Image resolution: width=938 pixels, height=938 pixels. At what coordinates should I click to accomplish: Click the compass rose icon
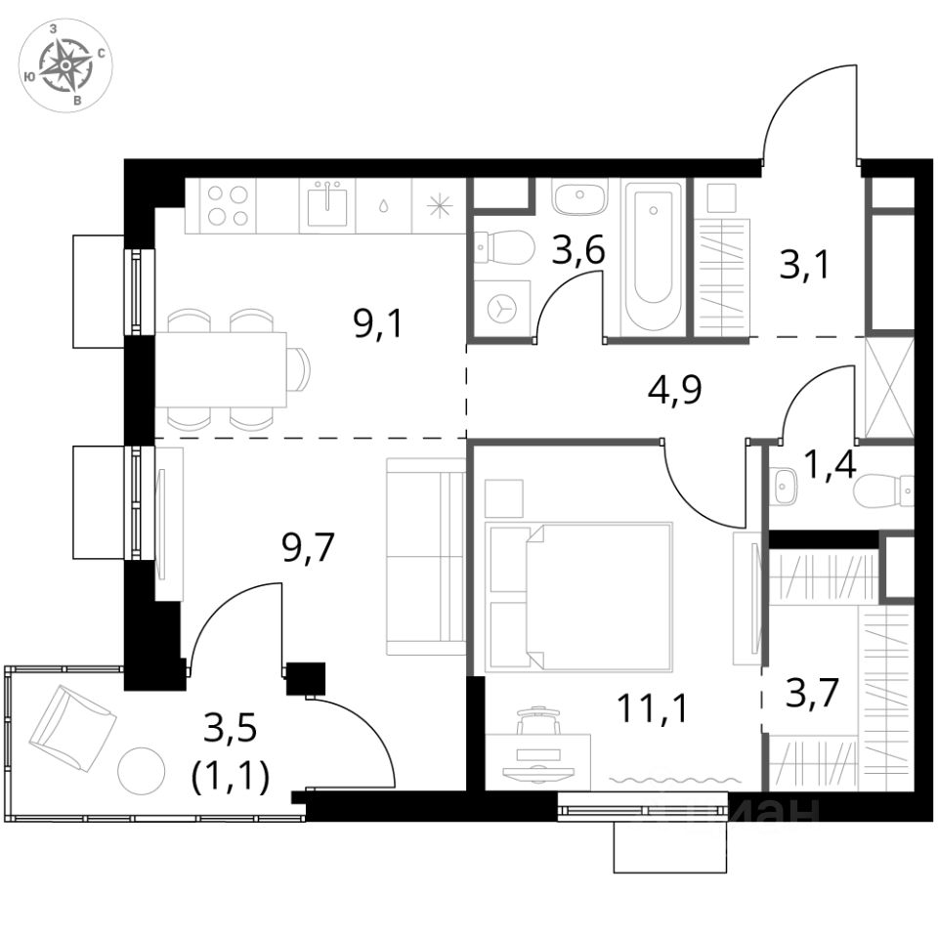click(x=65, y=65)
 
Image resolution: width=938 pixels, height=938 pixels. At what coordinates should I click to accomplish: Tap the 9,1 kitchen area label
click(x=378, y=322)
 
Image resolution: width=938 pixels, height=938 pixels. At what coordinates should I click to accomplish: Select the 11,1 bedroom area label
click(x=652, y=706)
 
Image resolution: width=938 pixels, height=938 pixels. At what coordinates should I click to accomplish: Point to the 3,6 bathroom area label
click(x=577, y=251)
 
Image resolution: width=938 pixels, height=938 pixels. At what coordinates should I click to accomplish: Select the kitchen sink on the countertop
click(x=326, y=204)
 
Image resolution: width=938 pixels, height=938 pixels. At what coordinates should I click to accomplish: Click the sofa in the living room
click(x=425, y=556)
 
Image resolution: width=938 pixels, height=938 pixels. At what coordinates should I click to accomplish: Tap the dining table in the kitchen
click(x=222, y=369)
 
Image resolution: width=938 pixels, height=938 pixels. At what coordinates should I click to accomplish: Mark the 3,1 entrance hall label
click(x=804, y=264)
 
